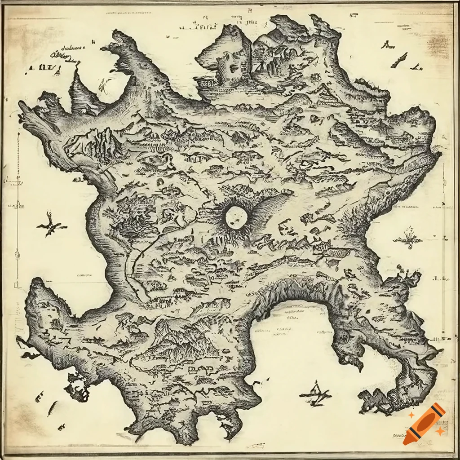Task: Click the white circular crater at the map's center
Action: coord(237,217)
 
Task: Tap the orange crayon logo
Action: coord(424,424)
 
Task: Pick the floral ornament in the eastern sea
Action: coord(408,238)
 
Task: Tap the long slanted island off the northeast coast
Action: coord(399,60)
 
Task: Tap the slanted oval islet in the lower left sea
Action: coord(53,408)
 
